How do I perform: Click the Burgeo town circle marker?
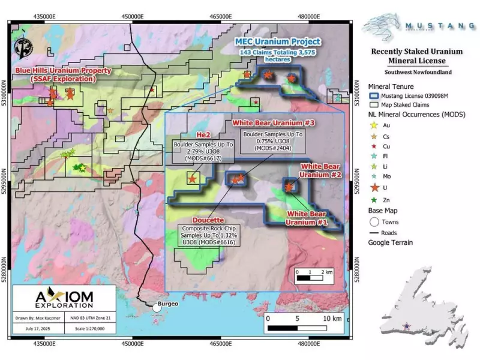157,307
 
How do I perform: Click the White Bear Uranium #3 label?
265,123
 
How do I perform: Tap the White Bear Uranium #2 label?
321,170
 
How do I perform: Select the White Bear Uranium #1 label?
307,218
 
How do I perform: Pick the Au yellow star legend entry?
374,125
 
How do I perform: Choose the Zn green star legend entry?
374,200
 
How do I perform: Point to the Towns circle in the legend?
374,221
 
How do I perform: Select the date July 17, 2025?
37,329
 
